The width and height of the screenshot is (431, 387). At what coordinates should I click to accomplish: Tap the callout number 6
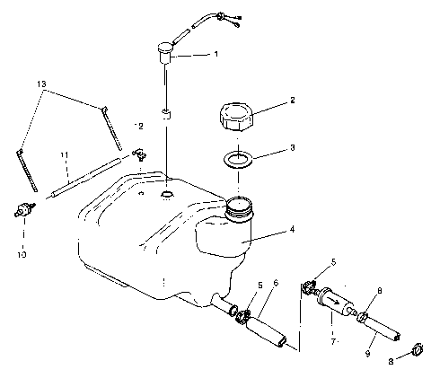point(276,283)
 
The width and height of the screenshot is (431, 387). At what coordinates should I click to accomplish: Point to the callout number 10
point(23,254)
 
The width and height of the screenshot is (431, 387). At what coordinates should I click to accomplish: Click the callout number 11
point(64,154)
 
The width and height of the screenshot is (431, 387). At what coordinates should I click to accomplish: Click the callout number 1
point(215,54)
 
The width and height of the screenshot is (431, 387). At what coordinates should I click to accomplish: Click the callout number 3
point(293,147)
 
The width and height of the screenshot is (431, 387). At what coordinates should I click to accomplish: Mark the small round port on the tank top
point(167,194)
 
